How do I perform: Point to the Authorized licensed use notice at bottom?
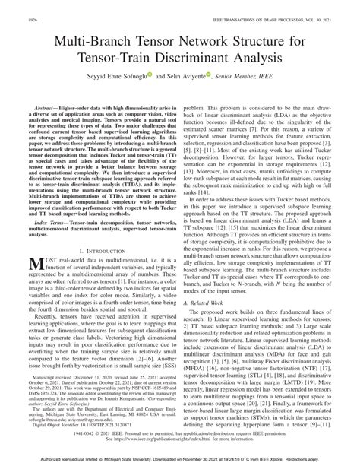[180, 460]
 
